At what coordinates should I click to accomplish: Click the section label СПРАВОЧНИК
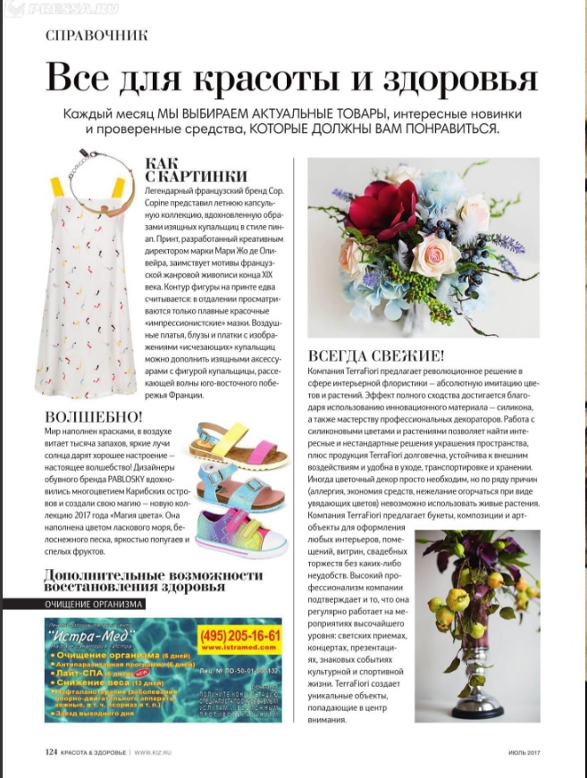coord(96,36)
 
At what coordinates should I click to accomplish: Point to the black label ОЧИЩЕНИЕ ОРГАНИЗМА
coord(94,604)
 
